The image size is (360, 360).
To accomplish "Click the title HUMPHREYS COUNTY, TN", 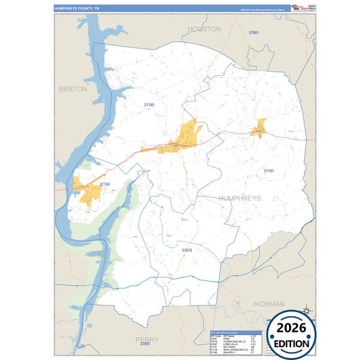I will click(76, 8).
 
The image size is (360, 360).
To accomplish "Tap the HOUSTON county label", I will click(204, 29).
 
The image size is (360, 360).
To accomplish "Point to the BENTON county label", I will click(73, 88).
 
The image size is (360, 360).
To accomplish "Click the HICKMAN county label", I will click(269, 305).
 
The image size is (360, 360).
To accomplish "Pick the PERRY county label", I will click(147, 339).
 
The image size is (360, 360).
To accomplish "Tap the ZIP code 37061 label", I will click(254, 32).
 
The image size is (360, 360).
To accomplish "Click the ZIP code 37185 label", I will click(149, 105).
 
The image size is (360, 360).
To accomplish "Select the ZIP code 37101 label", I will click(269, 171).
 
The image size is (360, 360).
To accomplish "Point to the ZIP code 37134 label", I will click(105, 184).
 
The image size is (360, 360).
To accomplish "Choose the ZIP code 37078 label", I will click(187, 250).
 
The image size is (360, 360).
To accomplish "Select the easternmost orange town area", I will click(259, 128).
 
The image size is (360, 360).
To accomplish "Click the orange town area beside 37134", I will click(88, 190).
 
